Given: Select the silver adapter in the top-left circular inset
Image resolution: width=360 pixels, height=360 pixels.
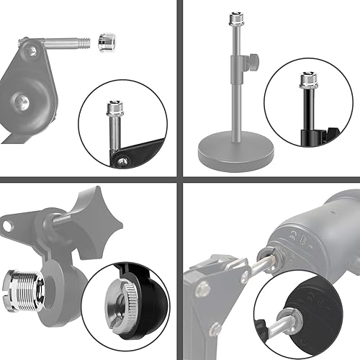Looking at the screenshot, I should [114, 109].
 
